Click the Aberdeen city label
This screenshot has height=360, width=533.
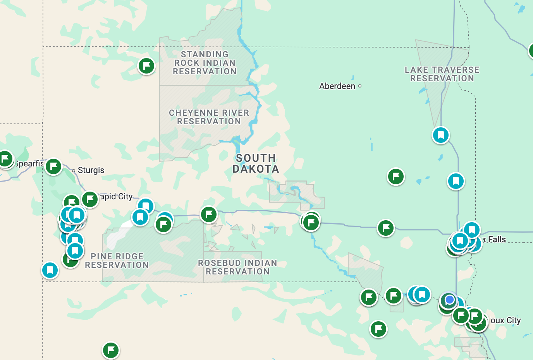[x=337, y=86]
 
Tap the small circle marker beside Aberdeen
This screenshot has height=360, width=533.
[x=360, y=86]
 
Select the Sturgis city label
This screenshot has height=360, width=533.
[x=91, y=170]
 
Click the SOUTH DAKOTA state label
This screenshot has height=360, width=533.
[x=256, y=163]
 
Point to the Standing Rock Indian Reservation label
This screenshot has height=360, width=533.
[x=205, y=63]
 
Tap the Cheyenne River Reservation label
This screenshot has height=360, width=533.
[x=209, y=117]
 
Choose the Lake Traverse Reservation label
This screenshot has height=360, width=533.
[x=442, y=74]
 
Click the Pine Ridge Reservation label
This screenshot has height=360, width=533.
[x=117, y=261]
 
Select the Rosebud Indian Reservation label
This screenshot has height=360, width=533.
[x=237, y=267]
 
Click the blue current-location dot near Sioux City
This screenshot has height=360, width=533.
[x=449, y=300]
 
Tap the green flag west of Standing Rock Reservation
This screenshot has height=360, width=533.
[x=146, y=66]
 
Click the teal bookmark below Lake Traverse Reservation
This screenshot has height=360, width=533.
[x=441, y=135]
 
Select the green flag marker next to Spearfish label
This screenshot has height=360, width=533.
[x=53, y=166]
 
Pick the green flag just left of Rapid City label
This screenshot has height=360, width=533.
[x=90, y=200]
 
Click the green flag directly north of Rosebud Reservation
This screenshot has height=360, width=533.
[x=209, y=214]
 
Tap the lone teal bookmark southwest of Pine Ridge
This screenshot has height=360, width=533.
[x=50, y=270]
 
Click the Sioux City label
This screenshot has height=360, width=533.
[x=505, y=321]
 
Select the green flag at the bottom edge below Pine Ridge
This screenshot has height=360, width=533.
[x=111, y=350]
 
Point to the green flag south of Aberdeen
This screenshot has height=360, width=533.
[x=396, y=177]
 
